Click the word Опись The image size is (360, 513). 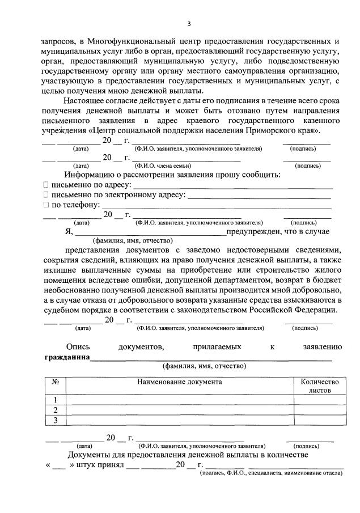click(78, 346)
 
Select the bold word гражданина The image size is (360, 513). click(67, 357)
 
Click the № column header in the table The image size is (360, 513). click(56, 382)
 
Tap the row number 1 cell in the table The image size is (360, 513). click(56, 400)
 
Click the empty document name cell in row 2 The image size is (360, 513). click(179, 410)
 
